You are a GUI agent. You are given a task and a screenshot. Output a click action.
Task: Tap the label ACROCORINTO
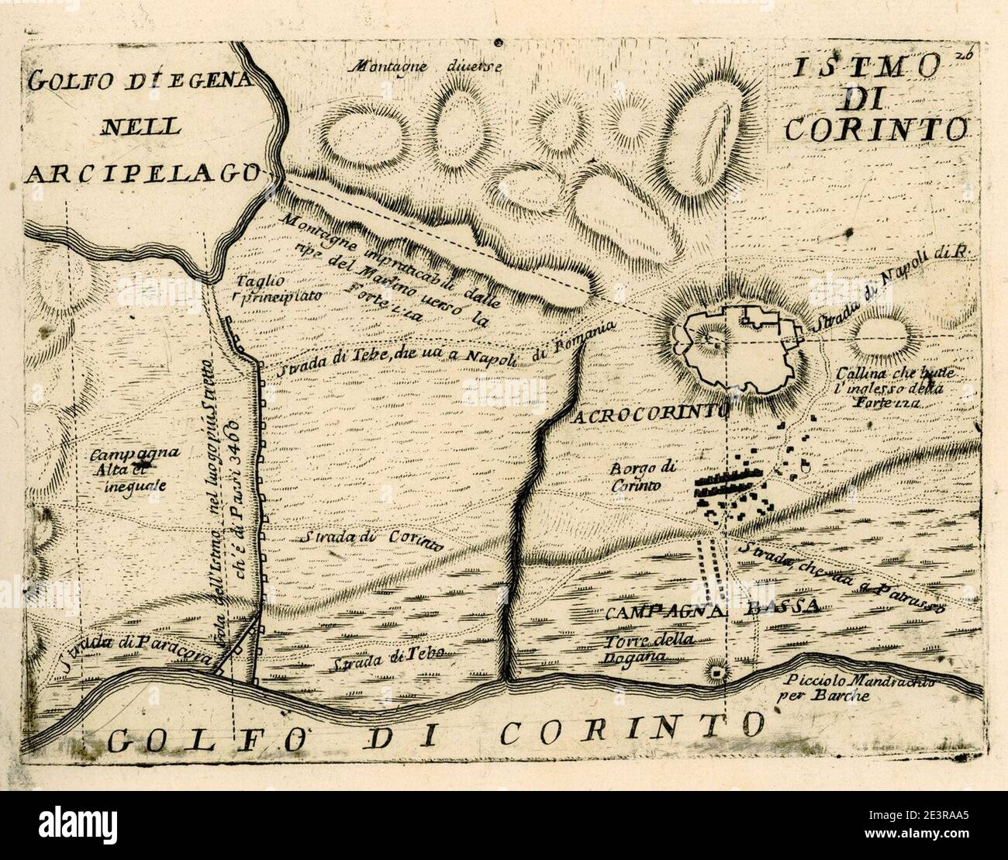(x=650, y=414)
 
